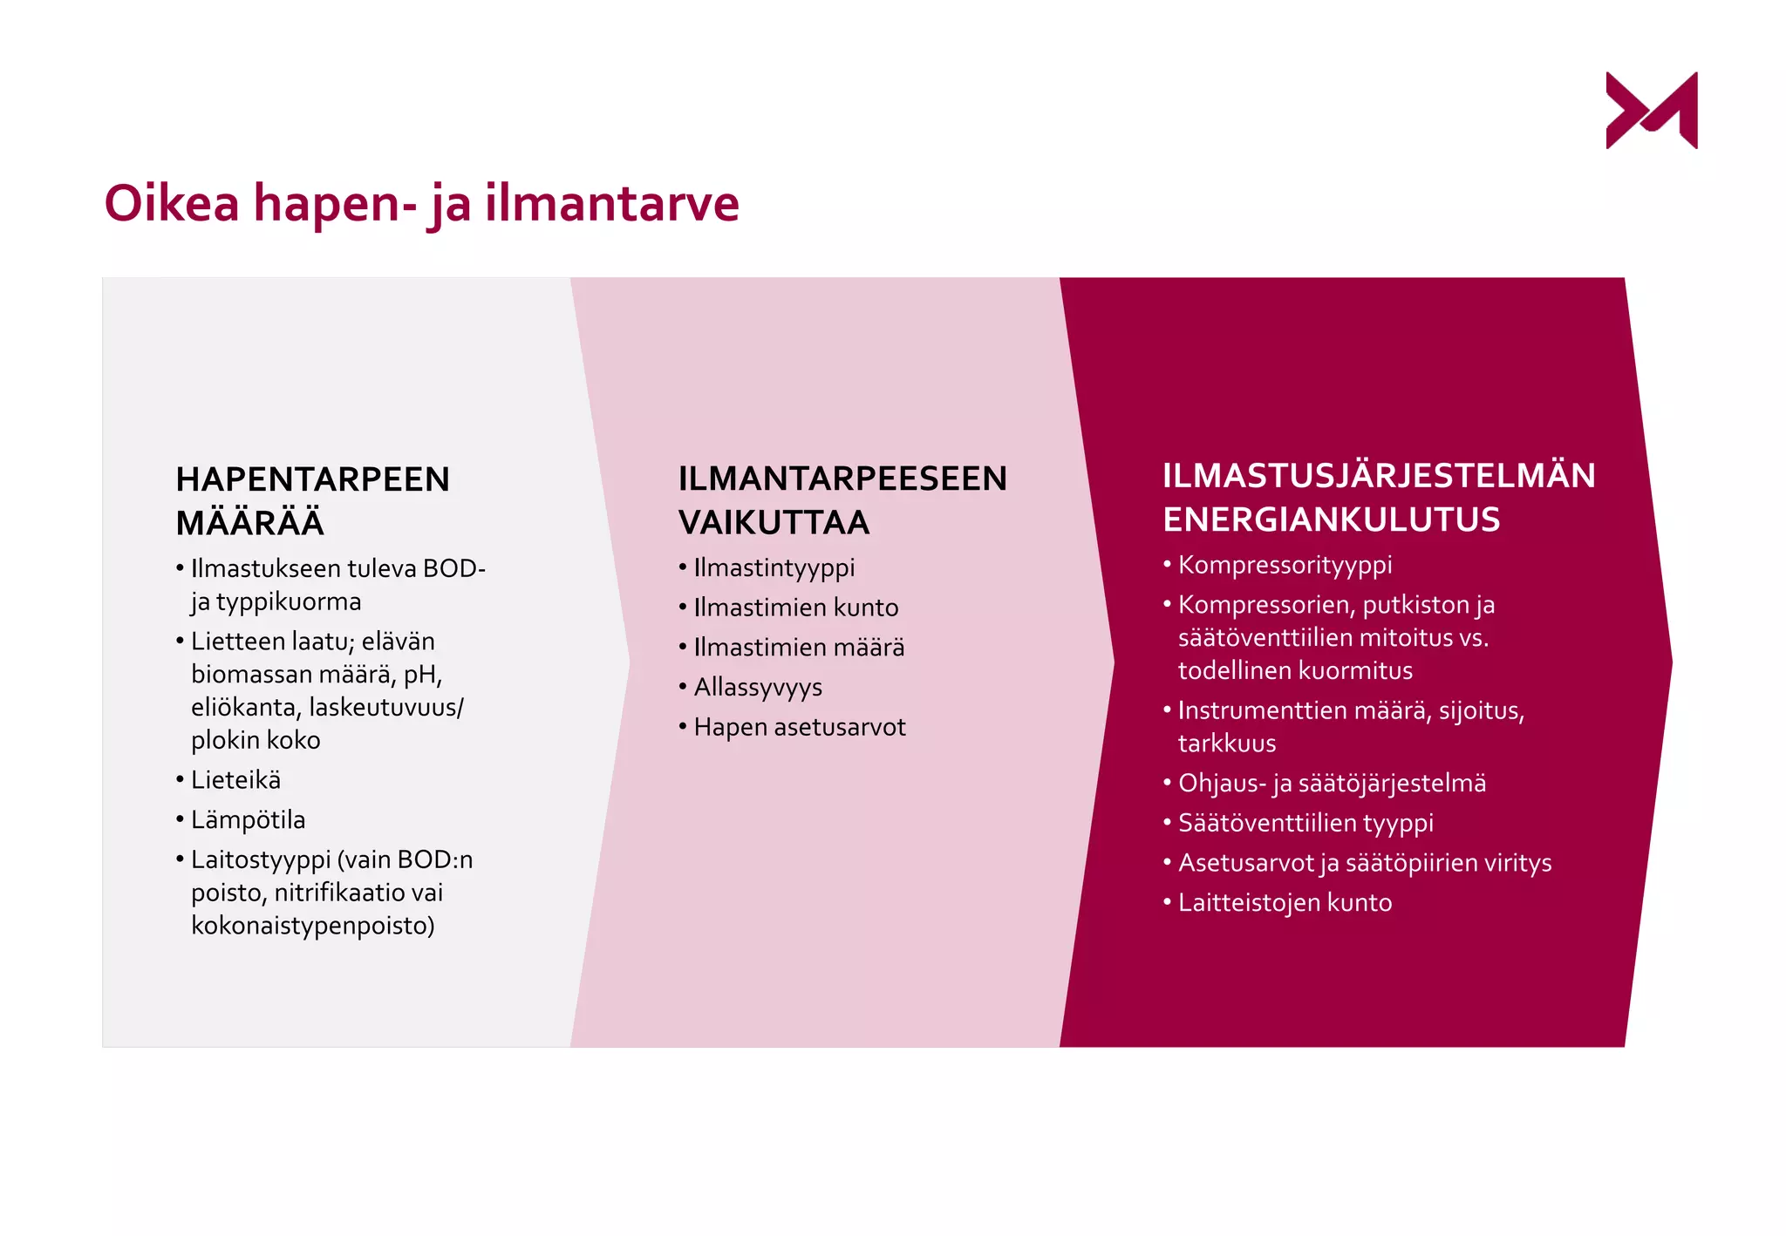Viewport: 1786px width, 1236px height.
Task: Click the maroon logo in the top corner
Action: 1651,111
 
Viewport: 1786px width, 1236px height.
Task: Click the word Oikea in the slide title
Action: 172,203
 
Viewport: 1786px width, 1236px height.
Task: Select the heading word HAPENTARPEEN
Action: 312,479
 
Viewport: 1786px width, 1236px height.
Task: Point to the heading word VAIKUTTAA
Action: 774,522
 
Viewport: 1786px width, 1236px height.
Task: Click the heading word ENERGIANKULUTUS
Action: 1331,520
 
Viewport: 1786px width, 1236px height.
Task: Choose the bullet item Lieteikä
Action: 235,780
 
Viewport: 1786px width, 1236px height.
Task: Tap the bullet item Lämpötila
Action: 248,820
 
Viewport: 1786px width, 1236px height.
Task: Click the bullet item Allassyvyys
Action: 757,688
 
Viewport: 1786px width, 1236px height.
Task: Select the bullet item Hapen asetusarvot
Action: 799,727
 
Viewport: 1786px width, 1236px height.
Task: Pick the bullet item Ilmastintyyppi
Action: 774,568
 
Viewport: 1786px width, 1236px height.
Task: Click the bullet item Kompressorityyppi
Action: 1285,565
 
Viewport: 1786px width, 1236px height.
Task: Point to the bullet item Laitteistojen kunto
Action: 1285,902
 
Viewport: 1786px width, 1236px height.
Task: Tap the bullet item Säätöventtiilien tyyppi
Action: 1305,823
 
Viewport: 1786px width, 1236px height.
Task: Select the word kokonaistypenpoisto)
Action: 313,926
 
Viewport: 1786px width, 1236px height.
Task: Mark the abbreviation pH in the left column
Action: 422,675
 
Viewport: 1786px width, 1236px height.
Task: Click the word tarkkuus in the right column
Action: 1227,744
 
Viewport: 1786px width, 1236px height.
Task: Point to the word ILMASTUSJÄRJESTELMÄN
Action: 1379,476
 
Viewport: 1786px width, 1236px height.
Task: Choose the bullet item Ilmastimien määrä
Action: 799,648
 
